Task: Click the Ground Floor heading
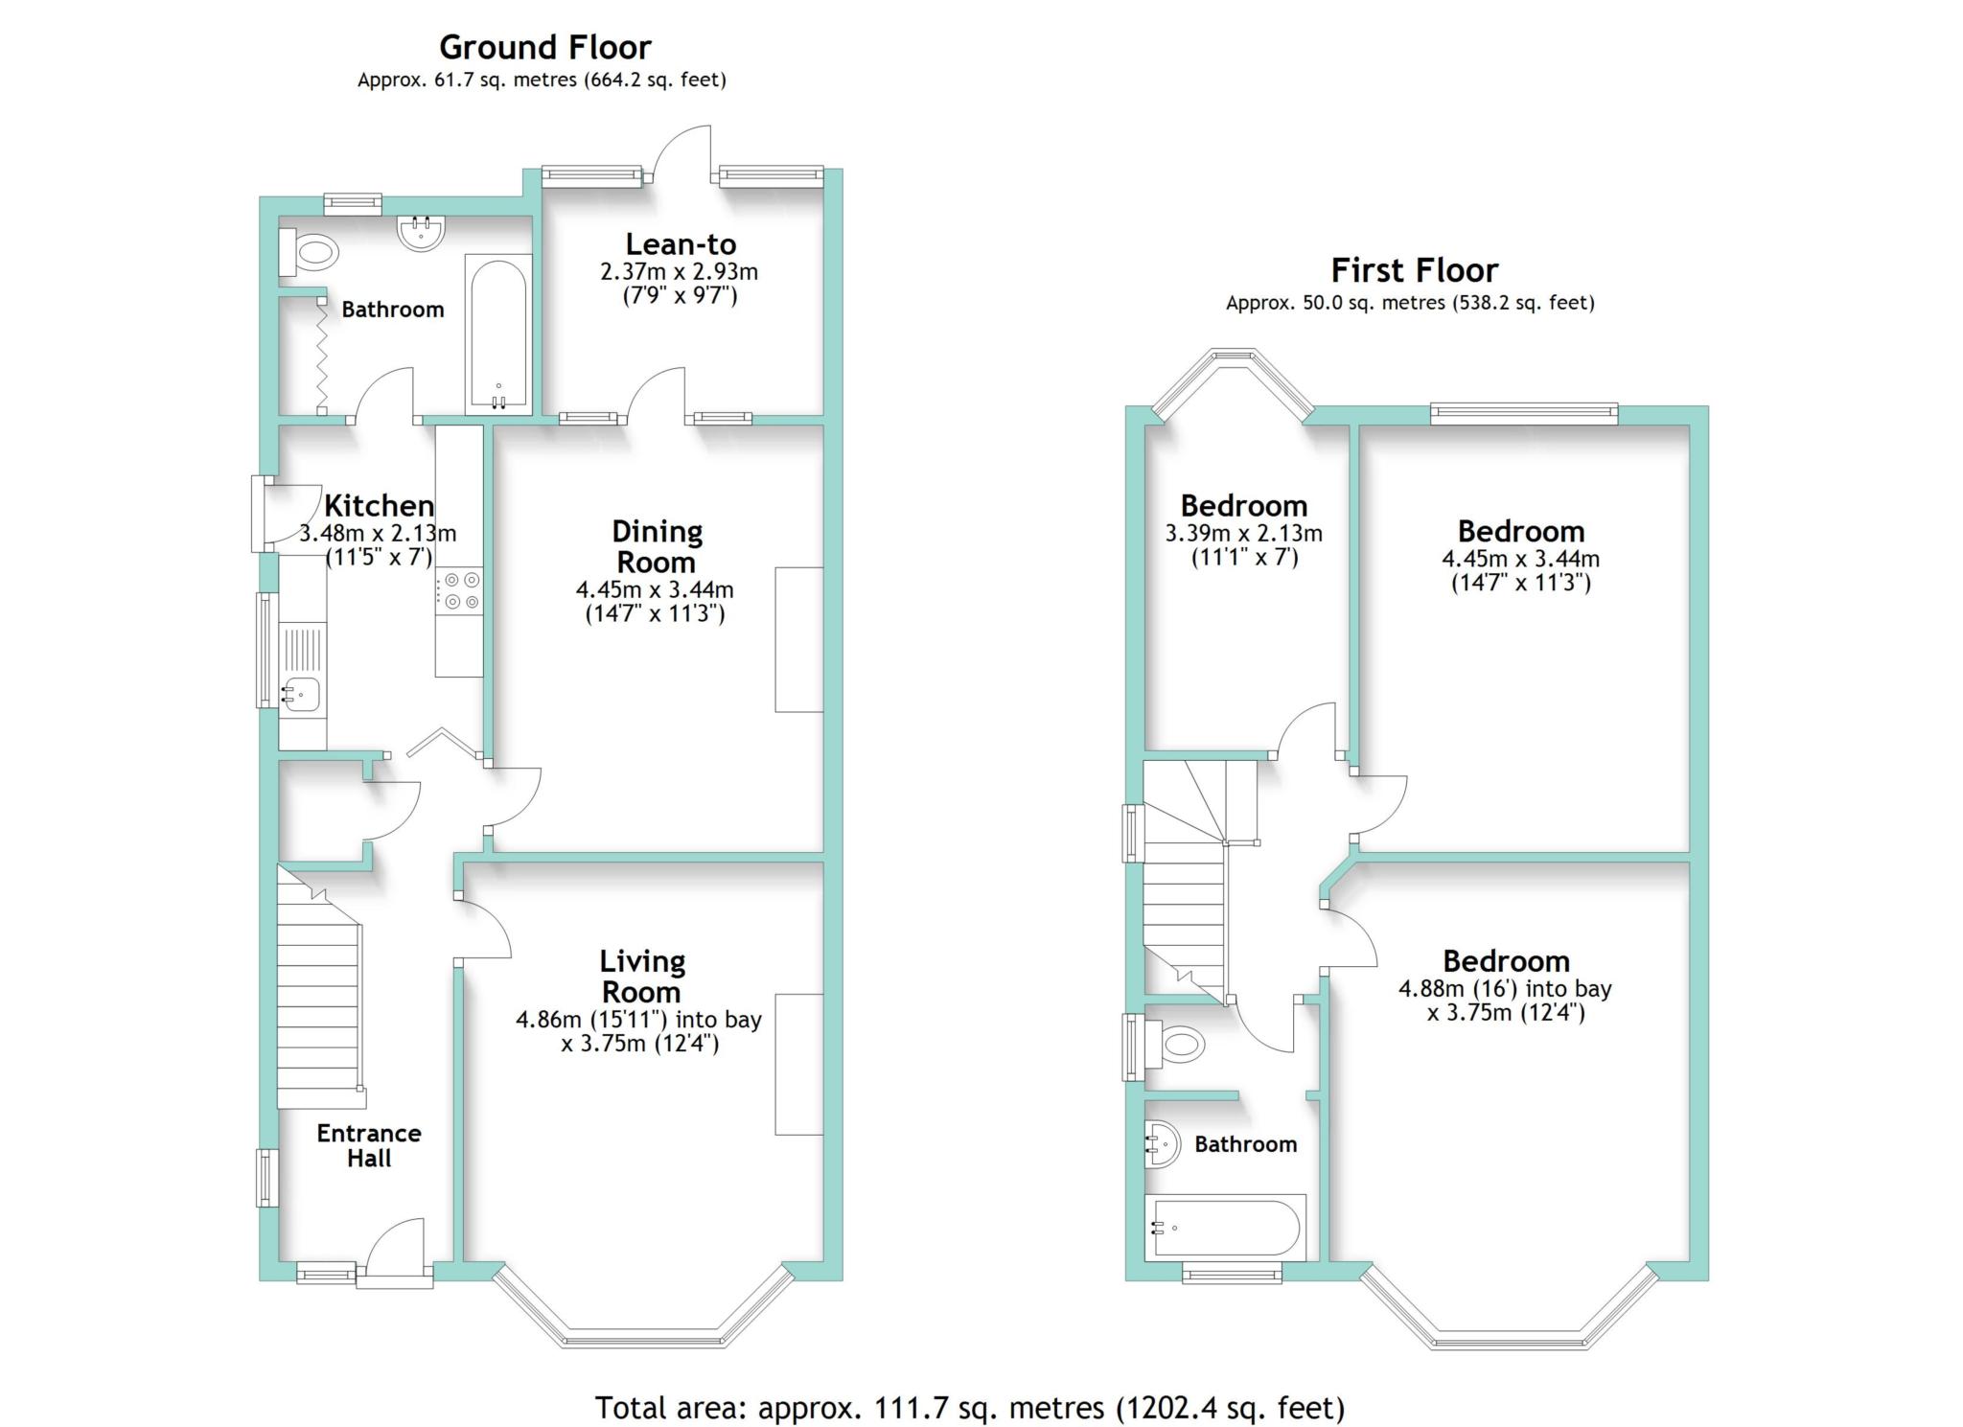[544, 46]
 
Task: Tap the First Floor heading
[1414, 270]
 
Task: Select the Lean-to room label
[681, 243]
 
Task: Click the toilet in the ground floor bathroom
[310, 254]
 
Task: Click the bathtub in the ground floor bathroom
[497, 334]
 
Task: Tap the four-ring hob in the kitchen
[459, 590]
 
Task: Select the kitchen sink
[302, 691]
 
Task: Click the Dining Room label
[657, 546]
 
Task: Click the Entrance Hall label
[369, 1145]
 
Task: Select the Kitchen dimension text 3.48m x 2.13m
[378, 533]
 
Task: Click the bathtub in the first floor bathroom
[1226, 1227]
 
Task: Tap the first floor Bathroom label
[1245, 1143]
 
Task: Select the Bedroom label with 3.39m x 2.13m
[1243, 505]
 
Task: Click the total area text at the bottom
[970, 1408]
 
